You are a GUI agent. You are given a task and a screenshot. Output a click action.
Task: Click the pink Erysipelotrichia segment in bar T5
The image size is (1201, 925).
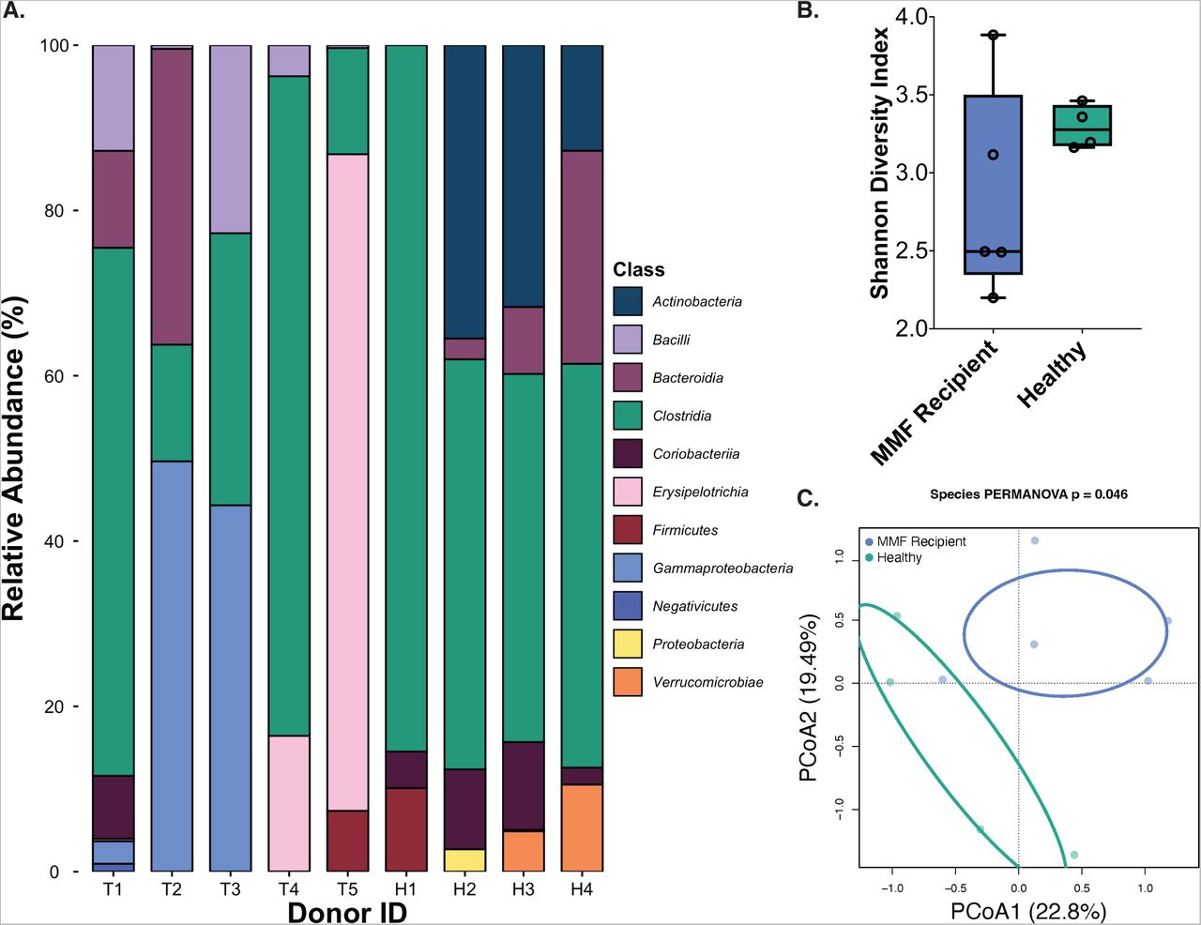tap(348, 482)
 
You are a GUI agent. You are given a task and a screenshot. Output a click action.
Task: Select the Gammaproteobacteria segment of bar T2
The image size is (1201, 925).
tap(172, 666)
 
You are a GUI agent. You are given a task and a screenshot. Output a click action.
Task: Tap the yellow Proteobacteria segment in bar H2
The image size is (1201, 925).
tap(464, 859)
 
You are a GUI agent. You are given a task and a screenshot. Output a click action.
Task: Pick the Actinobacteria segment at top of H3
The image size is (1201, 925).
tap(524, 175)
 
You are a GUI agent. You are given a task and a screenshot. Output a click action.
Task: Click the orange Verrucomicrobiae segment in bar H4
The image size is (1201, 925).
tap(582, 827)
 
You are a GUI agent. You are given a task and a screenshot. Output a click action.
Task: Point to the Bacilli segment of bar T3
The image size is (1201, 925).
tap(231, 139)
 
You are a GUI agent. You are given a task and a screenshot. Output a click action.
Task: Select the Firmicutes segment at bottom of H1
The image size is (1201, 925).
tap(406, 829)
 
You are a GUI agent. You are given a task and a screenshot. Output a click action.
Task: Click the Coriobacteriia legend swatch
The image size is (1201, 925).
tap(628, 454)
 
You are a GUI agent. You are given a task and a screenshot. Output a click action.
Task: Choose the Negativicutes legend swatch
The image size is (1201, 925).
tap(628, 606)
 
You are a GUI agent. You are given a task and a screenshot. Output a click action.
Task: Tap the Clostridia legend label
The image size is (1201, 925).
tap(681, 417)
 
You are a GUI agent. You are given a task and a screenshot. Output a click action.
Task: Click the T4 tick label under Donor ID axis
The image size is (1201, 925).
tap(289, 889)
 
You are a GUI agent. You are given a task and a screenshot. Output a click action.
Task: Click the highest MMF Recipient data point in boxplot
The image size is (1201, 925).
tap(994, 35)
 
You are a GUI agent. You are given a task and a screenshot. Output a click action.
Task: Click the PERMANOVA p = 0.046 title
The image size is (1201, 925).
tap(1028, 494)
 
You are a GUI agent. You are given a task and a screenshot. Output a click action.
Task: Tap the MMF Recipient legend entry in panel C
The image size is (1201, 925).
tap(917, 541)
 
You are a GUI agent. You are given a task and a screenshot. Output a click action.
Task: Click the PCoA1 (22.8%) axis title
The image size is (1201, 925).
tap(1028, 910)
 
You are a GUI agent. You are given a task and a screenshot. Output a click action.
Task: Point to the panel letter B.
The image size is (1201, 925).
tap(808, 10)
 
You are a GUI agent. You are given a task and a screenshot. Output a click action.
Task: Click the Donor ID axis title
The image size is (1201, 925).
tap(348, 913)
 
